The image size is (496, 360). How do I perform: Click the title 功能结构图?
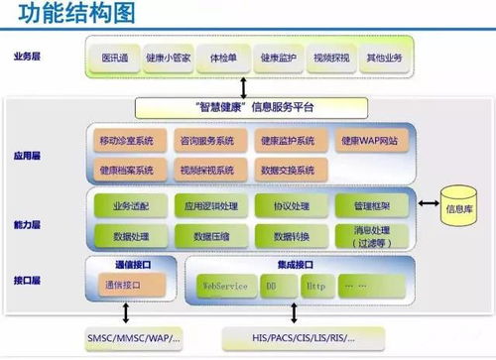point(67,14)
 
